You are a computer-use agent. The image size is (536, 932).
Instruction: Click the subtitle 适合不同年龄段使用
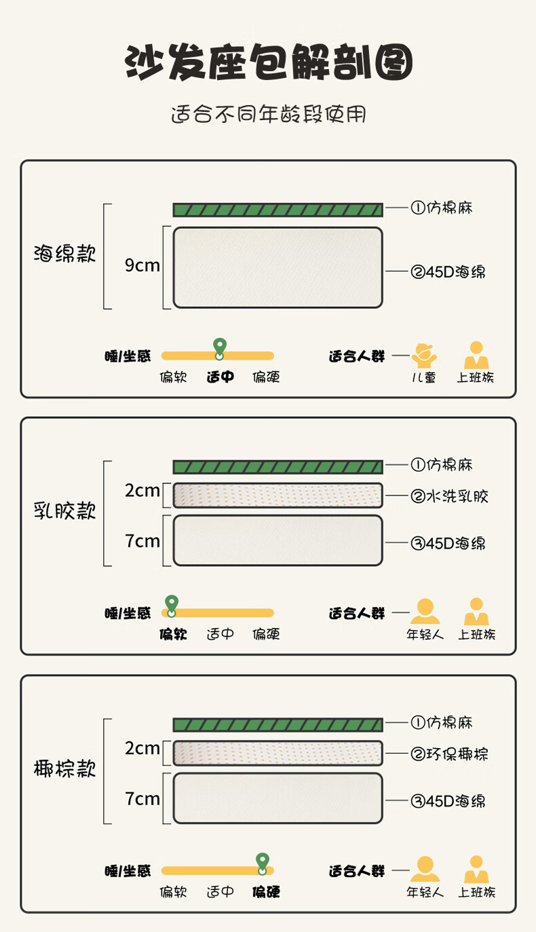[x=268, y=114]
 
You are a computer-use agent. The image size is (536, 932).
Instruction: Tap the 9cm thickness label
[x=142, y=265]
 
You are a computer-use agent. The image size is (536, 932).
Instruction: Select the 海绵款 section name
[x=65, y=255]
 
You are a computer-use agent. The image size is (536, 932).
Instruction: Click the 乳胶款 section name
[x=65, y=511]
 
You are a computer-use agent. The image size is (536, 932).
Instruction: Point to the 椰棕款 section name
[x=65, y=769]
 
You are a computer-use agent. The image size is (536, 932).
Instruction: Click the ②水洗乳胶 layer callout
[x=449, y=496]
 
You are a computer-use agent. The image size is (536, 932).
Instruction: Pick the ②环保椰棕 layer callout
[x=449, y=754]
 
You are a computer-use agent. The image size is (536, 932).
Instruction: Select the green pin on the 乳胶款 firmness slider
[x=172, y=605]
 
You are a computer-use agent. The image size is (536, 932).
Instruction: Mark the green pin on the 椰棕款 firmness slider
[x=262, y=862]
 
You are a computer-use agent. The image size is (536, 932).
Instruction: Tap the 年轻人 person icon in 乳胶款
[x=425, y=612]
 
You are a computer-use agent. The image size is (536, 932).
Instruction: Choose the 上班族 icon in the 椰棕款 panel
[x=476, y=869]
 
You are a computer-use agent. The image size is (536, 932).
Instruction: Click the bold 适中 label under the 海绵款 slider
[x=220, y=377]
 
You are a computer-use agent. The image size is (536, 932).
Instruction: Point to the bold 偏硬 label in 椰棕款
[x=266, y=892]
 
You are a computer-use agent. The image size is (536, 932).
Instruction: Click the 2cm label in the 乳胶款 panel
[x=142, y=491]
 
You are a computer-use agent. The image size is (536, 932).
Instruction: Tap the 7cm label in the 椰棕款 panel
[x=142, y=799]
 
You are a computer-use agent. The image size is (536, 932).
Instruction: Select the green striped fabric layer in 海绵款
[x=277, y=210]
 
